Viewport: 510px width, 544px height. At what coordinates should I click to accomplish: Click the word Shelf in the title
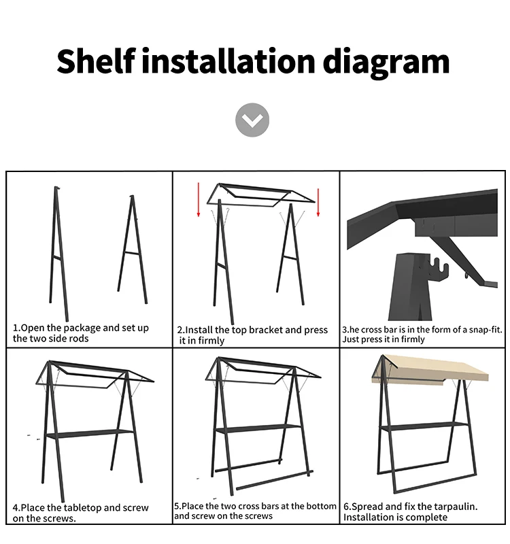96,61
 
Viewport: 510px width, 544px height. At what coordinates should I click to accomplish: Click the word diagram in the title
386,63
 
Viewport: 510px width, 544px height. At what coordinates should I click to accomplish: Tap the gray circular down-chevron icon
252,120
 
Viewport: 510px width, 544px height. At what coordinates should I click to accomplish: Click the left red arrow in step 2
199,199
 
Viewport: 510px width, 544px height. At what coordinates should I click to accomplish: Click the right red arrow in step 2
318,202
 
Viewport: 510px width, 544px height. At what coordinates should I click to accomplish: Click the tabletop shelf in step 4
90,434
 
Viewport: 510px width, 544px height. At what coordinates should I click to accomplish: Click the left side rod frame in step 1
58,254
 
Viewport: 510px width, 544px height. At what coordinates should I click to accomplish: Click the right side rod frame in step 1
133,250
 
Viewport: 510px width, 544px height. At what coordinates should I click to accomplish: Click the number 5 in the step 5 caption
177,506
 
